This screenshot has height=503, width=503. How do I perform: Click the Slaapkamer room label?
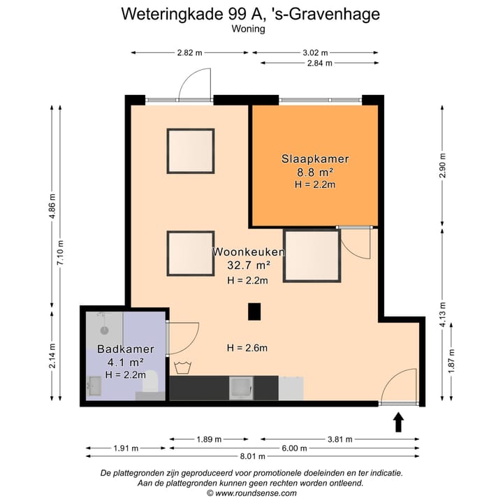coord(315,159)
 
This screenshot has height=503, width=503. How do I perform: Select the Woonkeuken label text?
coord(249,251)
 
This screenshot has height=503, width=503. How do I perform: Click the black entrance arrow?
coord(399,422)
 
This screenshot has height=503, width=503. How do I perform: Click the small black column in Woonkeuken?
coord(255,312)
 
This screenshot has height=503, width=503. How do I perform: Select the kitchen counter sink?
coord(242,387)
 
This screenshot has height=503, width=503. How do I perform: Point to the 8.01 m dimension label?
coord(251,456)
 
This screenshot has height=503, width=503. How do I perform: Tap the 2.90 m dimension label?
coord(442,166)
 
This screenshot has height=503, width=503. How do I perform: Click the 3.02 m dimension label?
coord(314,52)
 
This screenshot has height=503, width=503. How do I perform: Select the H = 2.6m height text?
coord(247,348)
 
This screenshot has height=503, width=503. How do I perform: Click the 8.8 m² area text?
coord(315,172)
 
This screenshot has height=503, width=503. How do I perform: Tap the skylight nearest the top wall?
coord(190,150)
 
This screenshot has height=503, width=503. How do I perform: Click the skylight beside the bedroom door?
coord(312,255)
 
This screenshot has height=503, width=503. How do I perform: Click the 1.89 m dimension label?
coord(208,439)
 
